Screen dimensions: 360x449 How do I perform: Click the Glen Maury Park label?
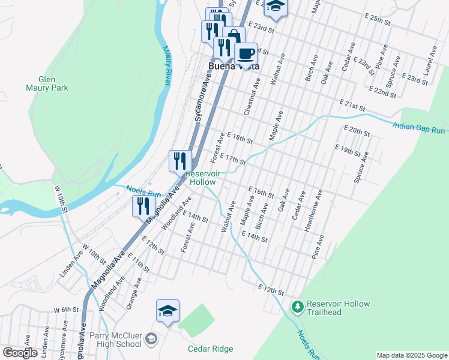pyautogui.click(x=53, y=83)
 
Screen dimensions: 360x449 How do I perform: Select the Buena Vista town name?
pyautogui.click(x=234, y=67)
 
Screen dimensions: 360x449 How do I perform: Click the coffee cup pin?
pyautogui.click(x=246, y=53)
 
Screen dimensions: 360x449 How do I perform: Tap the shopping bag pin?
pyautogui.click(x=234, y=37)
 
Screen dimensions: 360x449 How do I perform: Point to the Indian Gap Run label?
pyautogui.click(x=419, y=127)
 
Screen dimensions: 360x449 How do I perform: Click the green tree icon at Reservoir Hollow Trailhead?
pyautogui.click(x=297, y=307)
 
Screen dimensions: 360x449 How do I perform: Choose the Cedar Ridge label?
pyautogui.click(x=210, y=349)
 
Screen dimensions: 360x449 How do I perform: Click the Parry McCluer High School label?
pyautogui.click(x=115, y=340)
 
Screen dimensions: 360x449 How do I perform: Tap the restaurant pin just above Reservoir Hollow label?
pyautogui.click(x=180, y=160)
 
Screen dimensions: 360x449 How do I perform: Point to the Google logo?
pyautogui.click(x=20, y=353)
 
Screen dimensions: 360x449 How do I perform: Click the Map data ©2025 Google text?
pyautogui.click(x=412, y=355)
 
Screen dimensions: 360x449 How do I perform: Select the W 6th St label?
pyautogui.click(x=66, y=310)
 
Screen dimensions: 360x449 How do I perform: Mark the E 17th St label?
pyautogui.click(x=233, y=159)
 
